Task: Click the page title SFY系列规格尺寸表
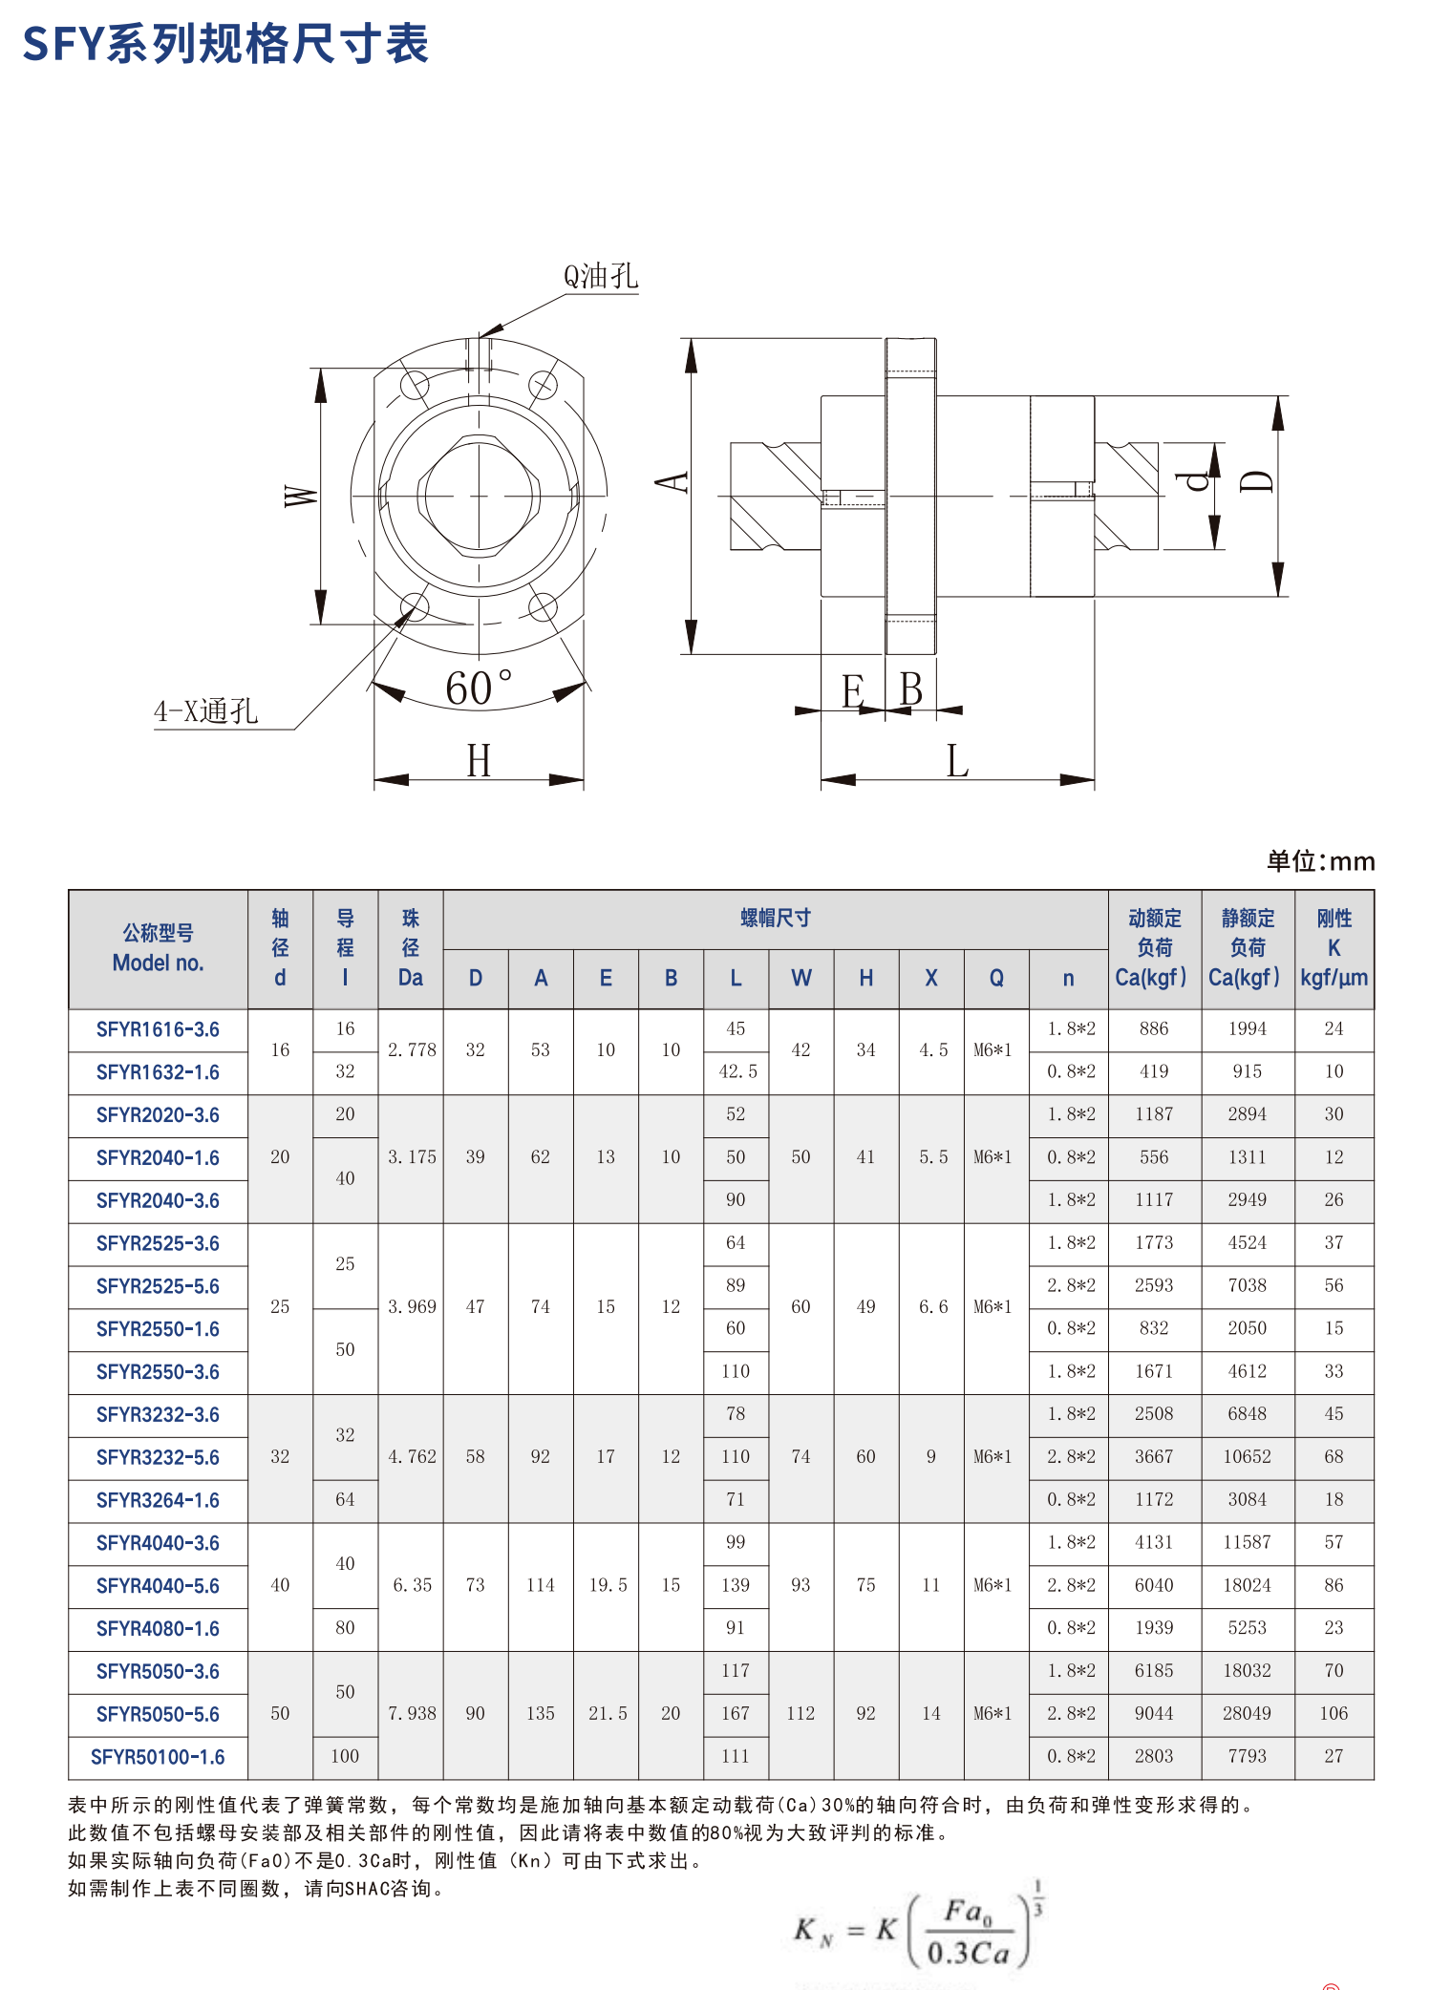click(x=225, y=44)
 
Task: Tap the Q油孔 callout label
click(x=600, y=276)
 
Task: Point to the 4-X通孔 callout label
click(x=206, y=710)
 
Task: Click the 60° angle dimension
click(x=478, y=688)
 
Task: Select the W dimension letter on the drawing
click(x=300, y=496)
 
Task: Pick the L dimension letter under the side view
click(x=957, y=762)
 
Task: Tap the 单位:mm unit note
click(x=1320, y=861)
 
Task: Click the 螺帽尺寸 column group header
click(x=775, y=919)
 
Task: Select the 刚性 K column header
click(x=1334, y=948)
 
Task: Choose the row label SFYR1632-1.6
click(x=158, y=1072)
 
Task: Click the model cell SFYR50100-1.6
click(x=158, y=1757)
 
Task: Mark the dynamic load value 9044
click(x=1154, y=1714)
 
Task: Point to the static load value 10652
click(x=1247, y=1457)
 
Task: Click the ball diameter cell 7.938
click(x=412, y=1714)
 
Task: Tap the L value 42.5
click(x=736, y=1072)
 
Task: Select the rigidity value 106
click(x=1334, y=1714)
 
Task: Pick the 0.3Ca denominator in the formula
click(x=968, y=1952)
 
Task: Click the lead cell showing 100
click(x=345, y=1757)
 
